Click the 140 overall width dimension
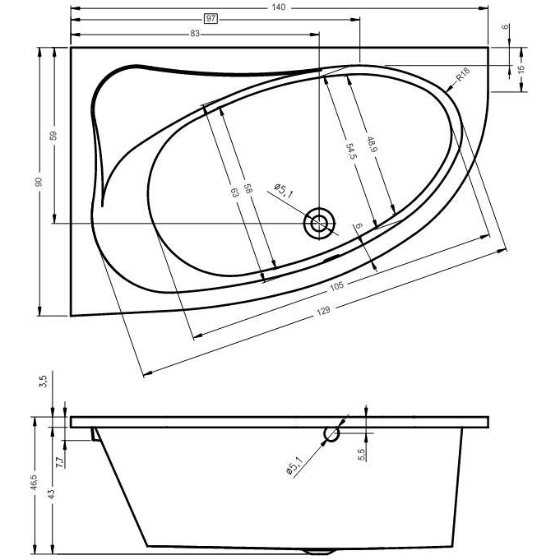click(x=278, y=7)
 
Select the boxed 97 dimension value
click(x=211, y=18)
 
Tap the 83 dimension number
click(x=195, y=34)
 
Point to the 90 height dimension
click(x=39, y=182)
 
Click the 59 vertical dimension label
click(x=53, y=136)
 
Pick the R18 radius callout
click(x=463, y=75)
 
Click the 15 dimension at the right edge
click(x=521, y=68)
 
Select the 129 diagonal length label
click(x=323, y=311)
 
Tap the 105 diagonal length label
click(x=337, y=285)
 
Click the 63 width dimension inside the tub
click(x=234, y=193)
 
